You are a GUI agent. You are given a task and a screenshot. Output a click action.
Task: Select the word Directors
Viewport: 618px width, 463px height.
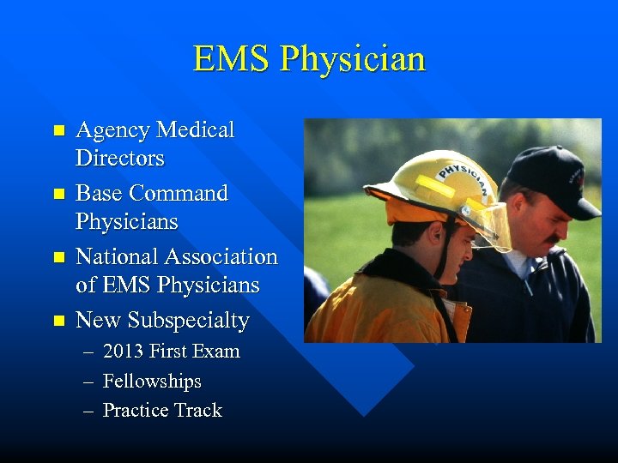pyautogui.click(x=119, y=159)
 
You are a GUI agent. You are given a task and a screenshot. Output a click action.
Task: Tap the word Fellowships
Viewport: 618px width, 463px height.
pyautogui.click(x=152, y=381)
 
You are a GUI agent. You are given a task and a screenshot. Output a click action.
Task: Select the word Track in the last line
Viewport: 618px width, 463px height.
pyautogui.click(x=199, y=410)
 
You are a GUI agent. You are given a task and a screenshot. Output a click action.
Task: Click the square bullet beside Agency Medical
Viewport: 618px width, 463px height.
pyautogui.click(x=58, y=131)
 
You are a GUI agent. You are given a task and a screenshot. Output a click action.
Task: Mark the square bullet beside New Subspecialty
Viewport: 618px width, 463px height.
pyautogui.click(x=58, y=321)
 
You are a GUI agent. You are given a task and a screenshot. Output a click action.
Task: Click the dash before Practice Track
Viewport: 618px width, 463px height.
pyautogui.click(x=88, y=411)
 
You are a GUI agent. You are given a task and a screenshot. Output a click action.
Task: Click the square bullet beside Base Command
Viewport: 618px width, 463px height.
pyautogui.click(x=58, y=194)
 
